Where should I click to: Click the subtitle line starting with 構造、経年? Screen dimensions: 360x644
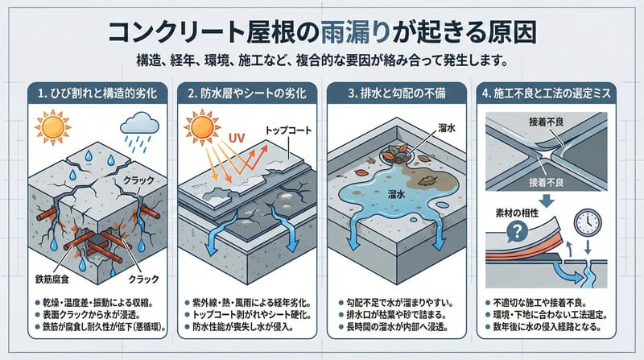322,59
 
